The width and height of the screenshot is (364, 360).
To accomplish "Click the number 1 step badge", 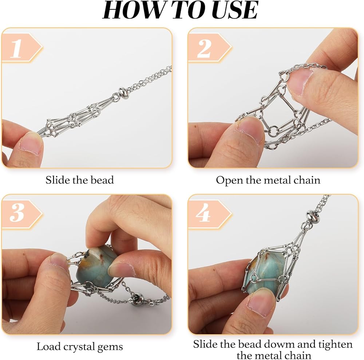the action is coord(22,48).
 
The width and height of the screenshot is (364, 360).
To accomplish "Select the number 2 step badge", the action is coord(209,48).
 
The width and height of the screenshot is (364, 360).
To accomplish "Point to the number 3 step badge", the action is coord(22,215).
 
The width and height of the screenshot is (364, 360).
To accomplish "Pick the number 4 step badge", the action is coord(209,215).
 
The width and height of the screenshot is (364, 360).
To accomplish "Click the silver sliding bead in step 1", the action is coord(123,93).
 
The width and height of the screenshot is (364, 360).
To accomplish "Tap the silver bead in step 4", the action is coord(311,216).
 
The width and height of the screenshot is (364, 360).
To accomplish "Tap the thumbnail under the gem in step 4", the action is coord(262,301).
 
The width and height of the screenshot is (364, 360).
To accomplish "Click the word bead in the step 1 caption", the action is coord(102,180).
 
